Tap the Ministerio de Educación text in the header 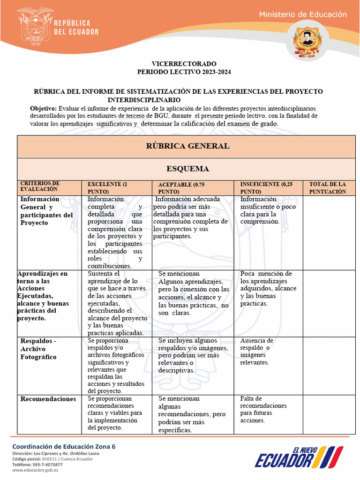point(303,15)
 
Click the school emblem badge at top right point(308,42)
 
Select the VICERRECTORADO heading point(184,63)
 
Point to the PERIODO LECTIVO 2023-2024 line point(184,72)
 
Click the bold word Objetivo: point(43,108)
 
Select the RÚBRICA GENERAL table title point(187,146)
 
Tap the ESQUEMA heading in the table point(187,169)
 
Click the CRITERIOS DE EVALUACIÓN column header point(40,186)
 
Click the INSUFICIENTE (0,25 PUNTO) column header point(266,188)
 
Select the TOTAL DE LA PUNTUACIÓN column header point(328,188)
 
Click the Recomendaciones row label point(48,399)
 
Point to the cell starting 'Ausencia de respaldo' point(256,352)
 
